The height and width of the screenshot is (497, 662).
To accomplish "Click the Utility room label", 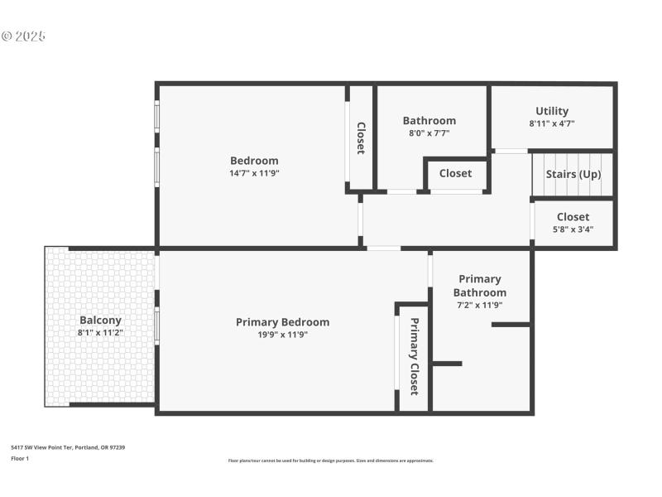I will pyautogui.click(x=552, y=111).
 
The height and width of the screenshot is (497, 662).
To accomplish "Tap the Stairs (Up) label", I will pyautogui.click(x=573, y=174).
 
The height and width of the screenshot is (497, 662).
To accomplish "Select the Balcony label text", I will pyautogui.click(x=100, y=320).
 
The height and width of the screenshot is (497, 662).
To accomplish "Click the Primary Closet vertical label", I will pyautogui.click(x=414, y=355).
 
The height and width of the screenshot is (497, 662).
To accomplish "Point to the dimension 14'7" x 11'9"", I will pyautogui.click(x=254, y=173).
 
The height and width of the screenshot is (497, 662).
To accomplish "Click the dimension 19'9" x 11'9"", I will pyautogui.click(x=282, y=335).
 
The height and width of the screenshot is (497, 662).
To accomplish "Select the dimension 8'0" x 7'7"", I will pyautogui.click(x=429, y=133).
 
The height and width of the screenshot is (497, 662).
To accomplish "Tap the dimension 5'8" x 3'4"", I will pyautogui.click(x=573, y=229).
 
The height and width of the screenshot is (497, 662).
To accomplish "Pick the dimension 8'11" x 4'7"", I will pyautogui.click(x=552, y=123).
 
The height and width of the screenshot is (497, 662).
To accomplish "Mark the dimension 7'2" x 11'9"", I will pyautogui.click(x=479, y=305).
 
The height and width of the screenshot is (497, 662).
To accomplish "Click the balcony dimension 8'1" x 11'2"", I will pyautogui.click(x=100, y=332).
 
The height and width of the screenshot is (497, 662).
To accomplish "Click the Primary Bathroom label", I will pyautogui.click(x=479, y=286).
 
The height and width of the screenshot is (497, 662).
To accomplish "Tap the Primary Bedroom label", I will pyautogui.click(x=282, y=322).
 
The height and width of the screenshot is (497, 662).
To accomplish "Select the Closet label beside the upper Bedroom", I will pyautogui.click(x=361, y=138).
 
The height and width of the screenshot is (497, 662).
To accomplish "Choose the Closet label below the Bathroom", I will pyautogui.click(x=455, y=173).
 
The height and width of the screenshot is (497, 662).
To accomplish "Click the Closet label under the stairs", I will pyautogui.click(x=573, y=217).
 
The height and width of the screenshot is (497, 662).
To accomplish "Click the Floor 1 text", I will pyautogui.click(x=20, y=458).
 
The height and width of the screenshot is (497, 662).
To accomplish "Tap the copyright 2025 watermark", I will pyautogui.click(x=23, y=36).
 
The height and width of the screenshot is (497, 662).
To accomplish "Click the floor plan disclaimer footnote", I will pyautogui.click(x=330, y=461).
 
